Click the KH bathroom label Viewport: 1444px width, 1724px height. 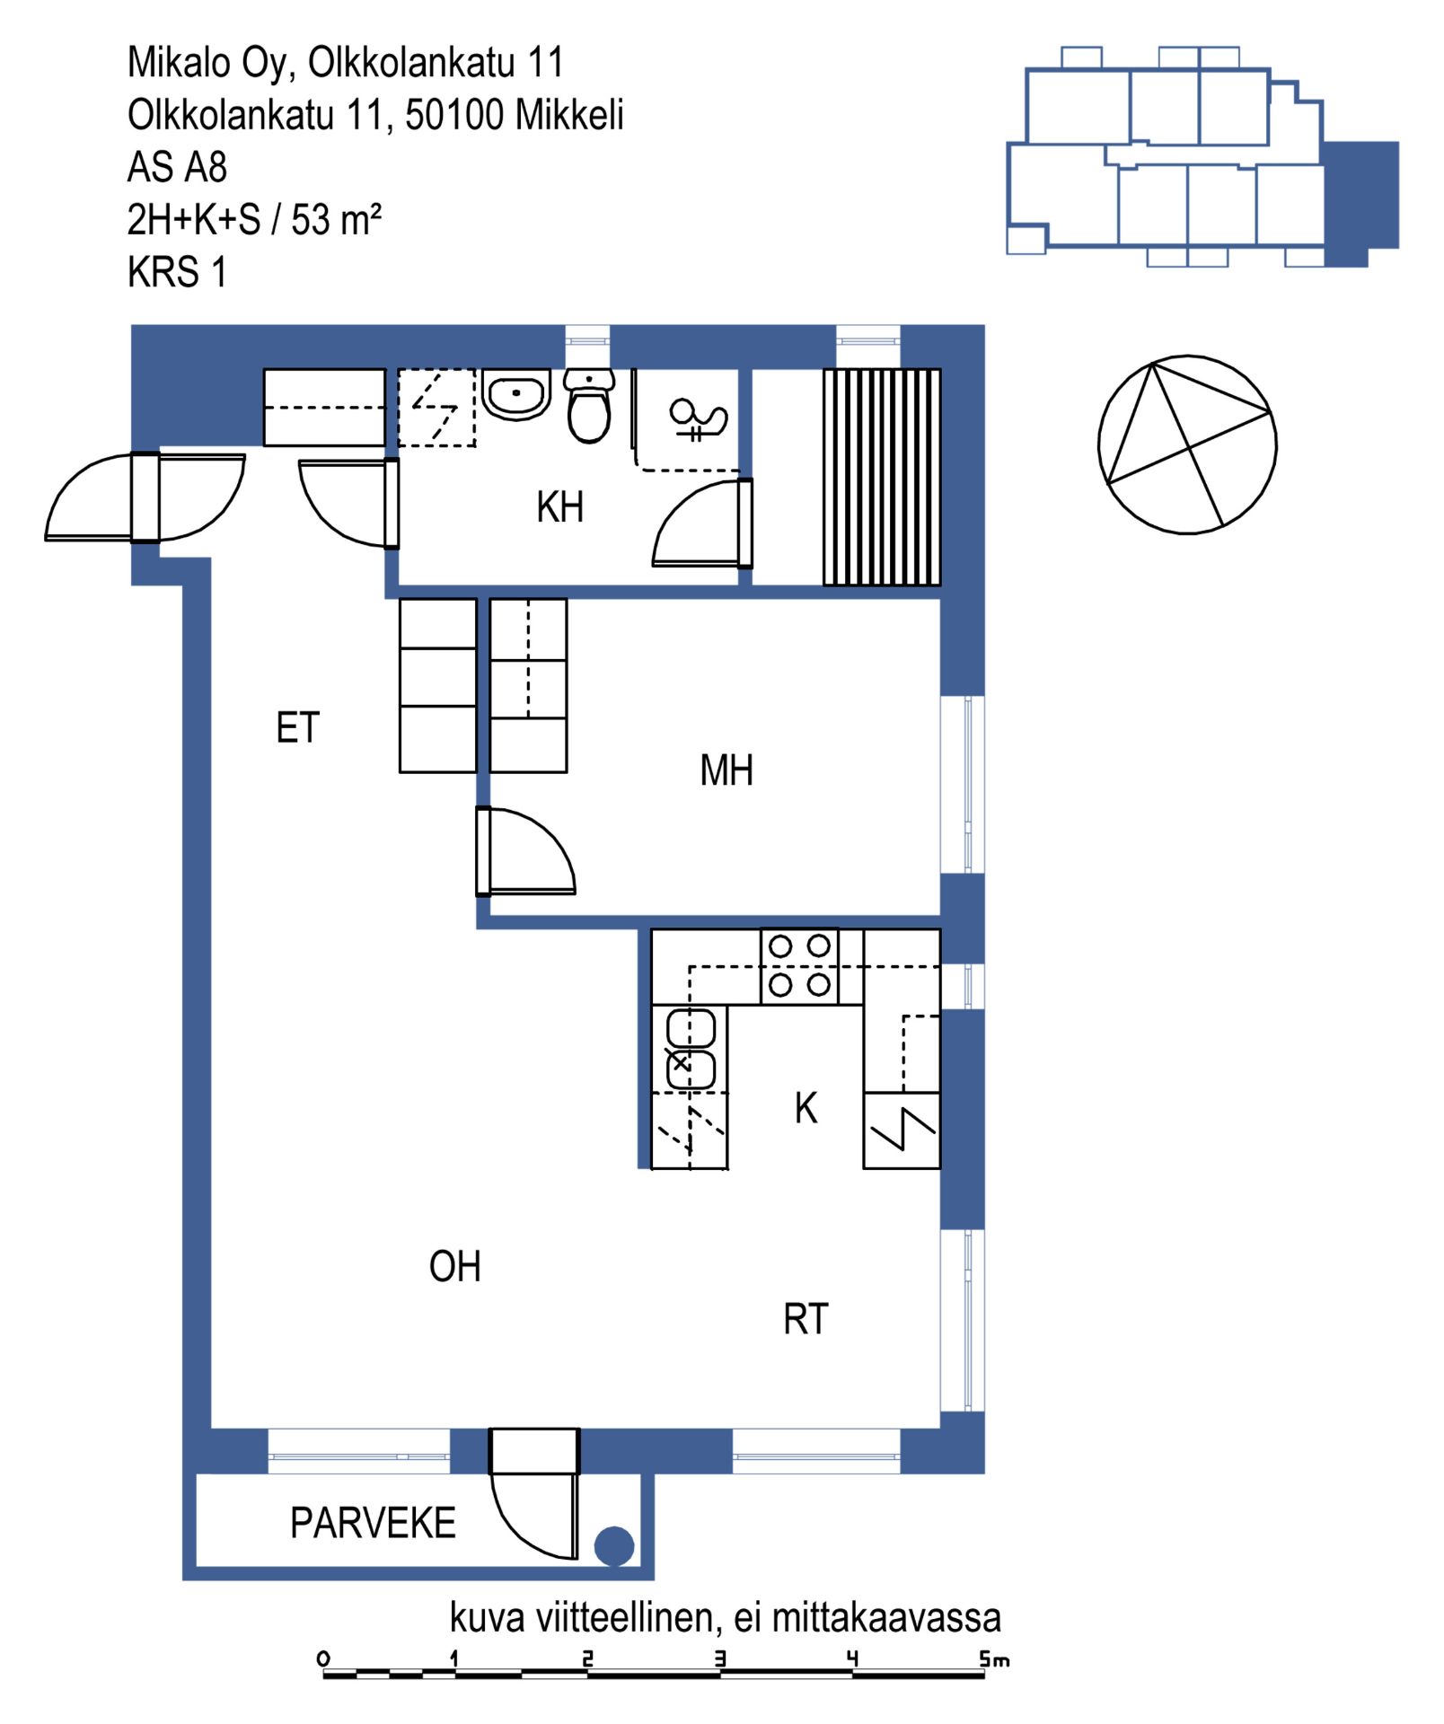559,507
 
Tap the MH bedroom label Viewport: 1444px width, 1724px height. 726,770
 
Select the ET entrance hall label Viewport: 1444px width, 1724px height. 297,728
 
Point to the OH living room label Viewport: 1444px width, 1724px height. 455,1267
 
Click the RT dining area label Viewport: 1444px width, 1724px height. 806,1320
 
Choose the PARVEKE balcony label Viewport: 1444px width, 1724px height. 373,1523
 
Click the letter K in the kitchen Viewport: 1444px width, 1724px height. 806,1108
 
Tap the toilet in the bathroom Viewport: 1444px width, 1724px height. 589,405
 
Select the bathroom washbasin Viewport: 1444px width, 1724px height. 516,394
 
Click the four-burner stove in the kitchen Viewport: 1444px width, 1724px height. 799,966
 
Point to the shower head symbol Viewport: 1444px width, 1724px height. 698,419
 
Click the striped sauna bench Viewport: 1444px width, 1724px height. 882,477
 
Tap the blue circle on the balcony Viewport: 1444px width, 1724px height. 614,1546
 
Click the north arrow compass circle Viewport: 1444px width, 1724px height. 1187,444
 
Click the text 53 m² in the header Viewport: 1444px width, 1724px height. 337,219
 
